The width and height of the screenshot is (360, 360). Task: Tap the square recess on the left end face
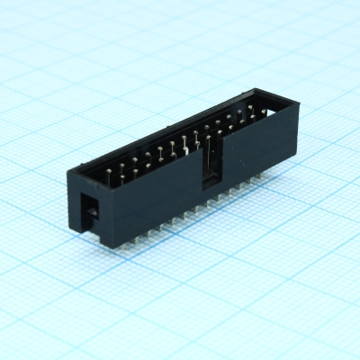pyautogui.click(x=92, y=211)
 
